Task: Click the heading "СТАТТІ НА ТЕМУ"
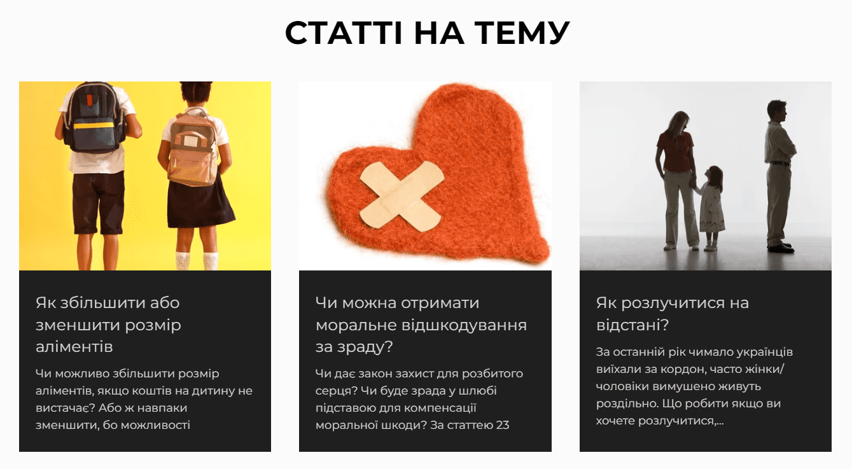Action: click(427, 33)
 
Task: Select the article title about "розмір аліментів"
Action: click(108, 325)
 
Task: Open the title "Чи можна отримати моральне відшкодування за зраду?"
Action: click(421, 325)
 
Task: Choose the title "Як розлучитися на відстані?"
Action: click(672, 314)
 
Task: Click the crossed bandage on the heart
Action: click(402, 193)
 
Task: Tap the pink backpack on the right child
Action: click(193, 146)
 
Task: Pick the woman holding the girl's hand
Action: click(676, 178)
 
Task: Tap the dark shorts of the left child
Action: click(98, 202)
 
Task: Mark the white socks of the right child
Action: click(197, 260)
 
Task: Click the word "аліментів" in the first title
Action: click(74, 347)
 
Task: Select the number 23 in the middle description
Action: click(502, 424)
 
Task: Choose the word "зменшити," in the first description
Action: click(66, 424)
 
